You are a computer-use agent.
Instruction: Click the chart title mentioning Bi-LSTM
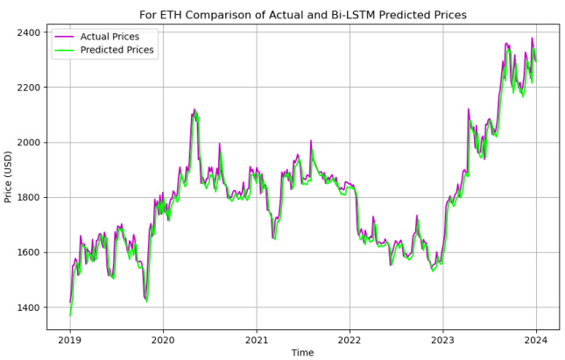tap(303, 15)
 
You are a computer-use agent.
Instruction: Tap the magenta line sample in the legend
tap(67, 36)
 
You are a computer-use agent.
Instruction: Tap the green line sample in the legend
tap(67, 50)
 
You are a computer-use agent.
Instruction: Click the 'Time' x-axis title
tap(302, 352)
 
